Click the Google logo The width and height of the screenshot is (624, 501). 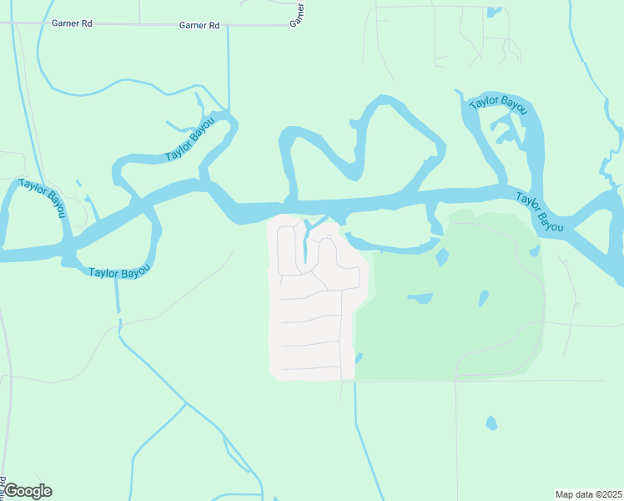27,491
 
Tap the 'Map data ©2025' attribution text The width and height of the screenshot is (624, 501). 588,494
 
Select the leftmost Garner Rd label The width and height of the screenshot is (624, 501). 71,24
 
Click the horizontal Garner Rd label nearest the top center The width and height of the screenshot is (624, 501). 199,26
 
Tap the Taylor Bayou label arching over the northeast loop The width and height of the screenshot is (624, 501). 498,104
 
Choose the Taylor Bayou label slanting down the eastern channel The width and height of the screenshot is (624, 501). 540,212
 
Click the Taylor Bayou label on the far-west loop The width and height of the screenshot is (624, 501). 43,197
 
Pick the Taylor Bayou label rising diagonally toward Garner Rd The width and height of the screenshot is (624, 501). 190,139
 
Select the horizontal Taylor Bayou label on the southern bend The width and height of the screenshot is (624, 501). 118,272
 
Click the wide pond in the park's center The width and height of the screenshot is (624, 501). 420,298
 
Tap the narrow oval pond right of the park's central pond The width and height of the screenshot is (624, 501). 483,298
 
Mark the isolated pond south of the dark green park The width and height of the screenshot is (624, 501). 491,423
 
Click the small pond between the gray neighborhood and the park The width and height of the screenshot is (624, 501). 359,357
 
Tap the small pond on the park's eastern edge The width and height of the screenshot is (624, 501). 535,250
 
